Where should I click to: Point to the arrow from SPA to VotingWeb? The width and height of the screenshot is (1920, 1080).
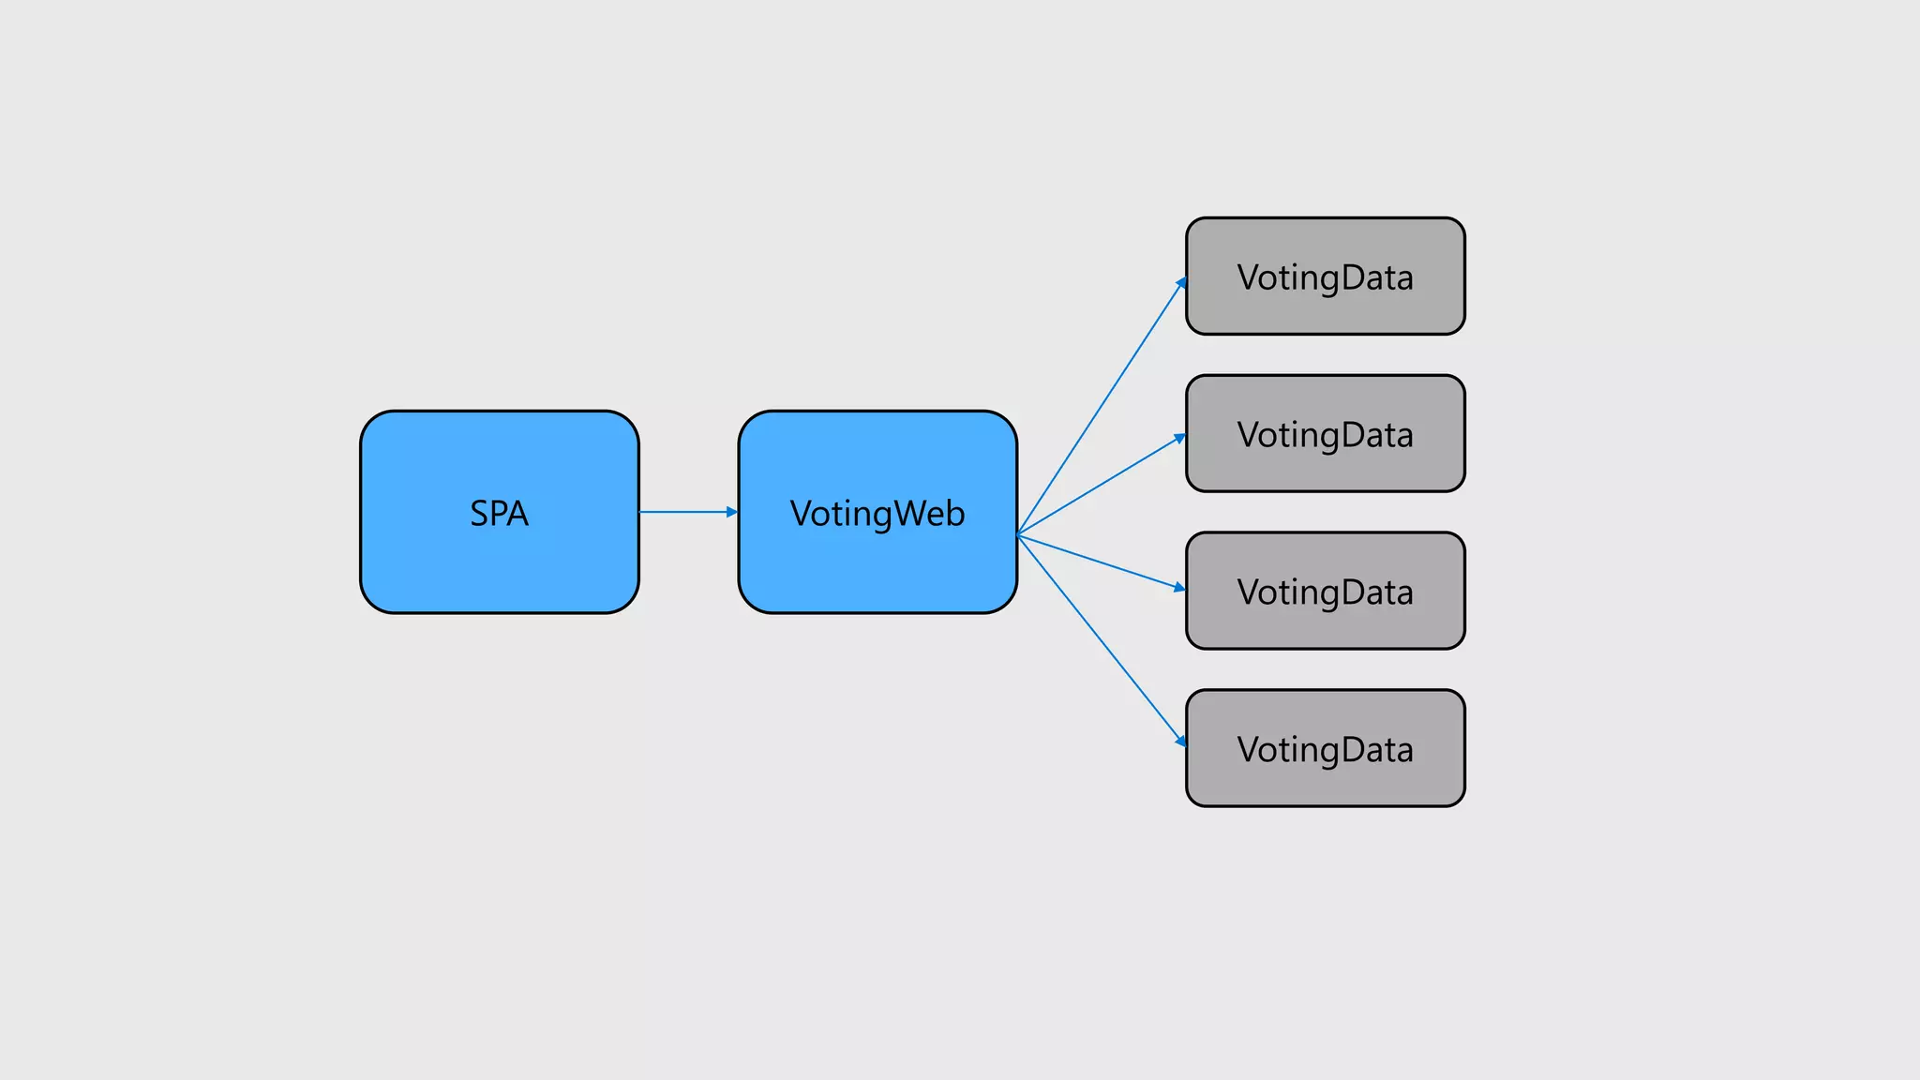pyautogui.click(x=684, y=512)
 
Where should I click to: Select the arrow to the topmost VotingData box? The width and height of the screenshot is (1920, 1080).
pyautogui.click(x=1102, y=406)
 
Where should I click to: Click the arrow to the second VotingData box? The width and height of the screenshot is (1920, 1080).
pyautogui.click(x=1102, y=486)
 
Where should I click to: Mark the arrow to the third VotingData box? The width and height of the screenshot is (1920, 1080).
pyautogui.click(x=1102, y=562)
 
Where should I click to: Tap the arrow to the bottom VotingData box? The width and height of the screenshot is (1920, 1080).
pyautogui.click(x=1102, y=640)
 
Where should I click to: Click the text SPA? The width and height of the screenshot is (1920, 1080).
pyautogui.click(x=499, y=514)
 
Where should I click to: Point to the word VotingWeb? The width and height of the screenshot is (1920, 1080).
pyautogui.click(x=877, y=514)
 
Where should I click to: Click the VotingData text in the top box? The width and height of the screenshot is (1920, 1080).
pyautogui.click(x=1325, y=278)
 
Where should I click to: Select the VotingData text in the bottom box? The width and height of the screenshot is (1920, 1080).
pyautogui.click(x=1325, y=750)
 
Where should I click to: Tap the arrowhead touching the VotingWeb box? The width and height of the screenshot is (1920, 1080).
pyautogui.click(x=732, y=512)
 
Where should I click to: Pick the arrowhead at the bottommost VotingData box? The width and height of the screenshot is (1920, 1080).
pyautogui.click(x=1181, y=741)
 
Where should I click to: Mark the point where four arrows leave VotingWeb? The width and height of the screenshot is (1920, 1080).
pyautogui.click(x=1018, y=534)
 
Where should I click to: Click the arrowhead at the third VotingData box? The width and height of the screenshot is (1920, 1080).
pyautogui.click(x=1179, y=587)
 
